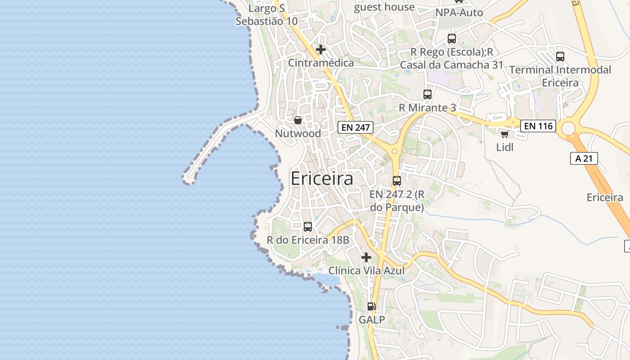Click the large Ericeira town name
point(322,179)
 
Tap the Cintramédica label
point(321,63)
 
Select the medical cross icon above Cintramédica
point(321,49)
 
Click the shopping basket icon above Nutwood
point(297,120)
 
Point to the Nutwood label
point(298,134)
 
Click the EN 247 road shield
point(355,127)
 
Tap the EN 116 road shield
point(538,126)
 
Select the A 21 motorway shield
point(584,158)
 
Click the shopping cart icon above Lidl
point(504,134)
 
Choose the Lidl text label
point(504,147)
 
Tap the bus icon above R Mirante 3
point(427,94)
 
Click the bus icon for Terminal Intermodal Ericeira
point(560,57)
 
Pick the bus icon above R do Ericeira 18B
point(308,227)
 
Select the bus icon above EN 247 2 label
point(396,181)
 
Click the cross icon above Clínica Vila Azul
point(366,257)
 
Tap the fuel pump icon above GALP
point(372,306)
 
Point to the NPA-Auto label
point(459,13)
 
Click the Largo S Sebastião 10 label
point(266,14)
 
